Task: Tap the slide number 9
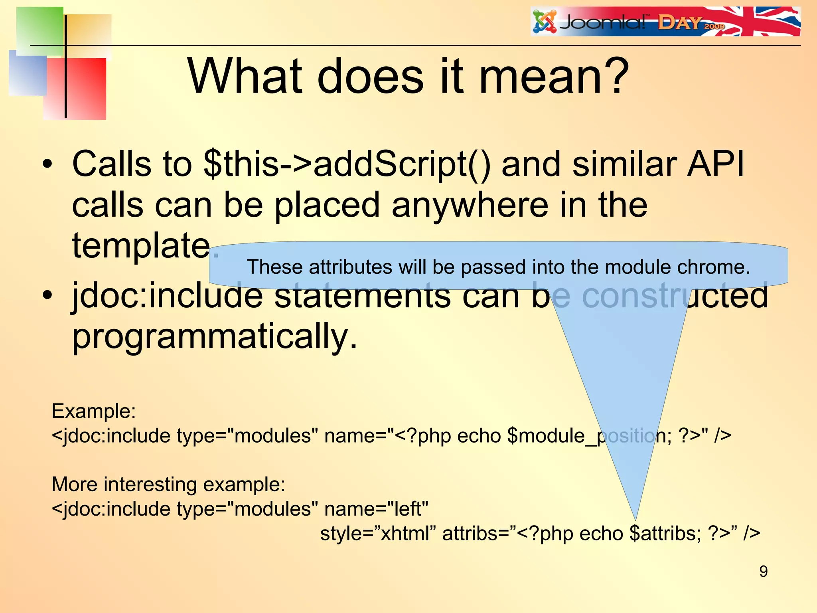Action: (763, 571)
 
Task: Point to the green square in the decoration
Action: (40, 30)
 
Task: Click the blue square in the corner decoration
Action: (27, 74)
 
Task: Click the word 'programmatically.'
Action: (215, 336)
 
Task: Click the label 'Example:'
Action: (94, 411)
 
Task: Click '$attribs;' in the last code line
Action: (665, 534)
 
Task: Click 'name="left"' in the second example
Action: (376, 509)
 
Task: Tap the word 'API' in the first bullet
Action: (715, 164)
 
